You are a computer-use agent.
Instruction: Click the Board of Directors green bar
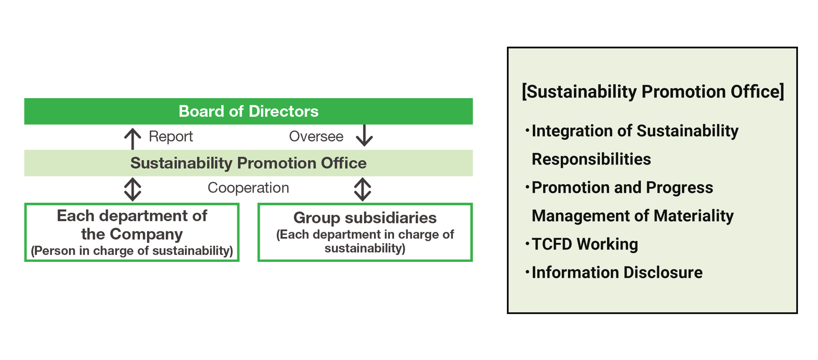[x=248, y=111]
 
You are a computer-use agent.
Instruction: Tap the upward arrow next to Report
[x=133, y=138]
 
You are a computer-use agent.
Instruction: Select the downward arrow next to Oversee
[x=364, y=135]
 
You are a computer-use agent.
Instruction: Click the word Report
[x=171, y=136]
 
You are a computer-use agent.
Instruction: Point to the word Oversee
[x=316, y=136]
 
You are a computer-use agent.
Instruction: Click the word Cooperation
[x=248, y=188]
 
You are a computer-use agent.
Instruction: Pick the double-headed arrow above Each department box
[x=133, y=189]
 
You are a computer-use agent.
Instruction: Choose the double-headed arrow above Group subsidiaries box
[x=363, y=189]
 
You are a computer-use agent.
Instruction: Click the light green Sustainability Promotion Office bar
[x=248, y=163]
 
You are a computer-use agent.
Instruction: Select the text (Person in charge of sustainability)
[x=132, y=250]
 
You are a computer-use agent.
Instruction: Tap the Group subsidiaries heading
[x=365, y=218]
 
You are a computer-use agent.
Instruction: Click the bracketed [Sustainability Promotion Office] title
[x=653, y=92]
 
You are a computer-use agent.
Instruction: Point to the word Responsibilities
[x=591, y=159]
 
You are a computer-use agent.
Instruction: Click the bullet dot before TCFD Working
[x=527, y=244]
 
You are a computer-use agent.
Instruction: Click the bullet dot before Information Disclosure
[x=527, y=272]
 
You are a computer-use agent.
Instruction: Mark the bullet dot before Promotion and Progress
[x=527, y=187]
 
